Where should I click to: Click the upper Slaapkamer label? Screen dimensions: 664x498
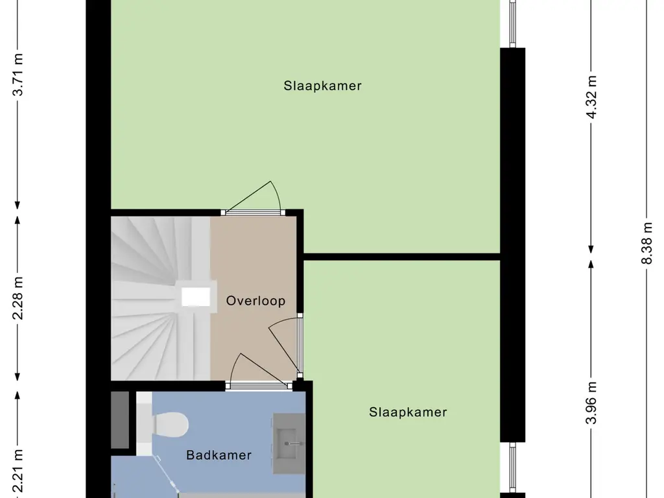tap(322, 86)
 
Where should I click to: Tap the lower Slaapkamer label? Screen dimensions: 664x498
tap(408, 412)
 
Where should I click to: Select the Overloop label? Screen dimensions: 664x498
tap(255, 301)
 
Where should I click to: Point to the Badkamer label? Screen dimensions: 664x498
tap(219, 455)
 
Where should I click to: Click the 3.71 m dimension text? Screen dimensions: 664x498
tap(18, 75)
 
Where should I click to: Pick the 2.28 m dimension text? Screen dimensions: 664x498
tap(18, 298)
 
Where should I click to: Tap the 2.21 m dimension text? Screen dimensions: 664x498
tap(18, 471)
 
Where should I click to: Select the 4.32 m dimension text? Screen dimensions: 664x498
tap(591, 97)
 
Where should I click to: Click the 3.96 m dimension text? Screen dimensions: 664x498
tap(591, 403)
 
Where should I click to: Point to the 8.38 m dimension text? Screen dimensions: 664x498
tap(648, 243)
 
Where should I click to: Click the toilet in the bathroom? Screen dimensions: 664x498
tap(165, 424)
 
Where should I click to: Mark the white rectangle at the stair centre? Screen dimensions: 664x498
tap(196, 297)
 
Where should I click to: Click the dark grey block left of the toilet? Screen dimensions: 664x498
tap(120, 420)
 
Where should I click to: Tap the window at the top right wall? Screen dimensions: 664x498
tap(512, 23)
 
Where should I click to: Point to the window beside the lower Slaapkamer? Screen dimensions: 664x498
tap(512, 468)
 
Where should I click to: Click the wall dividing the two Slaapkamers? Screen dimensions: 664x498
tap(402, 257)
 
